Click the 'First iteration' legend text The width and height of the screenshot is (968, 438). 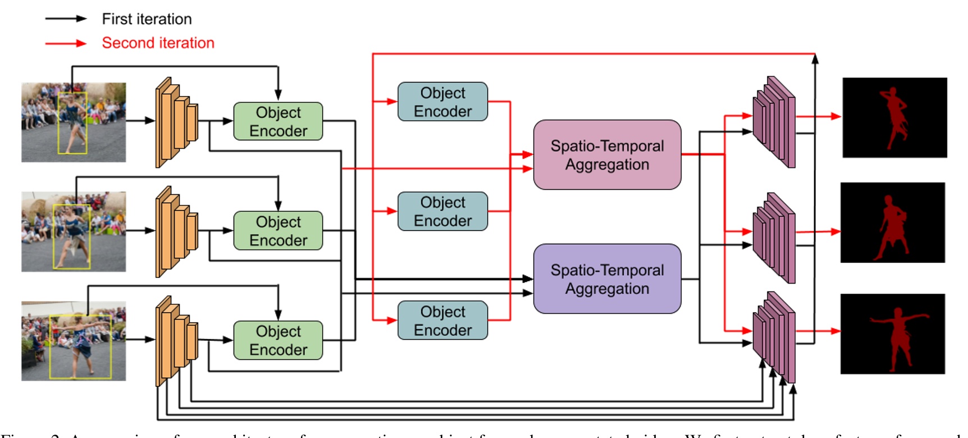(x=147, y=19)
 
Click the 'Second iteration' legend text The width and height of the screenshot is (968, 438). (x=158, y=43)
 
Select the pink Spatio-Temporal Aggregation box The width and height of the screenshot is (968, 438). (x=607, y=155)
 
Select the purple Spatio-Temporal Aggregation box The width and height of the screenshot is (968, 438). (x=607, y=279)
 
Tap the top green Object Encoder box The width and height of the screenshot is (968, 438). (x=278, y=121)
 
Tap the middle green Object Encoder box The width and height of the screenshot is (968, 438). (x=278, y=231)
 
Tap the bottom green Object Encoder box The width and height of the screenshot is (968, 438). (x=278, y=340)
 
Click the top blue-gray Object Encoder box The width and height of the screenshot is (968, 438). (x=442, y=102)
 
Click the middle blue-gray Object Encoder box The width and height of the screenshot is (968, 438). (x=442, y=212)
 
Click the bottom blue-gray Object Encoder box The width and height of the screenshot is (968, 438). (x=442, y=321)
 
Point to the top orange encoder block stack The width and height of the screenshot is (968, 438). (x=176, y=122)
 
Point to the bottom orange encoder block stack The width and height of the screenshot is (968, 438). (x=176, y=341)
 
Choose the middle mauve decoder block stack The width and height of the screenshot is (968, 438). (x=774, y=238)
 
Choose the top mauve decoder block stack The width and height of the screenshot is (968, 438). (x=774, y=122)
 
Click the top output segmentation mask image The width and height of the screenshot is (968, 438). (x=894, y=118)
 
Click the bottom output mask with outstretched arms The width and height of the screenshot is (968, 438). (x=893, y=334)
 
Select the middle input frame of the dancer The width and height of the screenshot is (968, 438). (x=74, y=232)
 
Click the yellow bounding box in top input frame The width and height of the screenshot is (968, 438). (x=72, y=123)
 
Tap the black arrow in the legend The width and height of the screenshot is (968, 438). (x=66, y=19)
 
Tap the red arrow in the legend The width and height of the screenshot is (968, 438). (x=66, y=43)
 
